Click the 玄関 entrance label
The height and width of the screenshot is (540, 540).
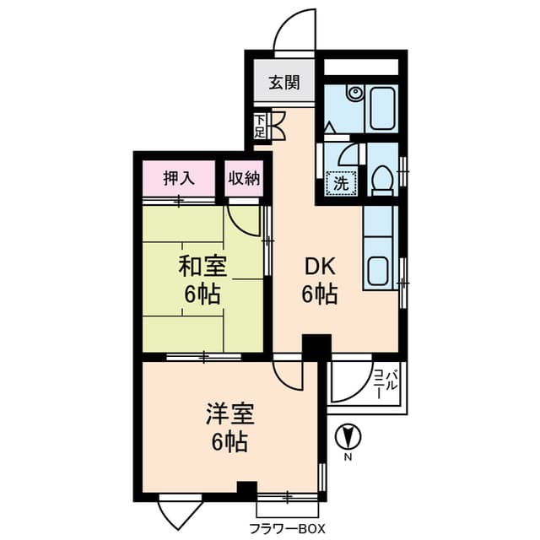coord(284,83)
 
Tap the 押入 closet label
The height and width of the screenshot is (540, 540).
coord(177,178)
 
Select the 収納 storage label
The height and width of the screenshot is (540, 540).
coord(243,178)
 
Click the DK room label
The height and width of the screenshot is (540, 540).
coord(321,267)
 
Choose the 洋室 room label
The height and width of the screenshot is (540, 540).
coord(229,415)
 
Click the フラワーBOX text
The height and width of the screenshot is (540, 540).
coord(286,529)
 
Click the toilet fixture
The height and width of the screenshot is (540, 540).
coord(382,179)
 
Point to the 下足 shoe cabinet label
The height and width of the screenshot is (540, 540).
coord(260,126)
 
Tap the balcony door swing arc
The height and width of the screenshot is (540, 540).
coord(348,381)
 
